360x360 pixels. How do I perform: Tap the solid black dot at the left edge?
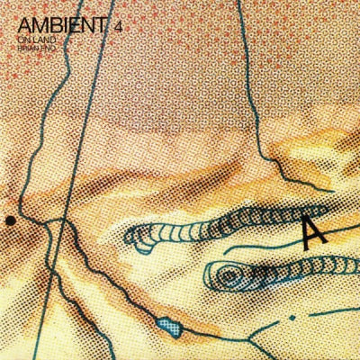pos(9,219)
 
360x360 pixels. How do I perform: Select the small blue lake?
pos(166,322)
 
